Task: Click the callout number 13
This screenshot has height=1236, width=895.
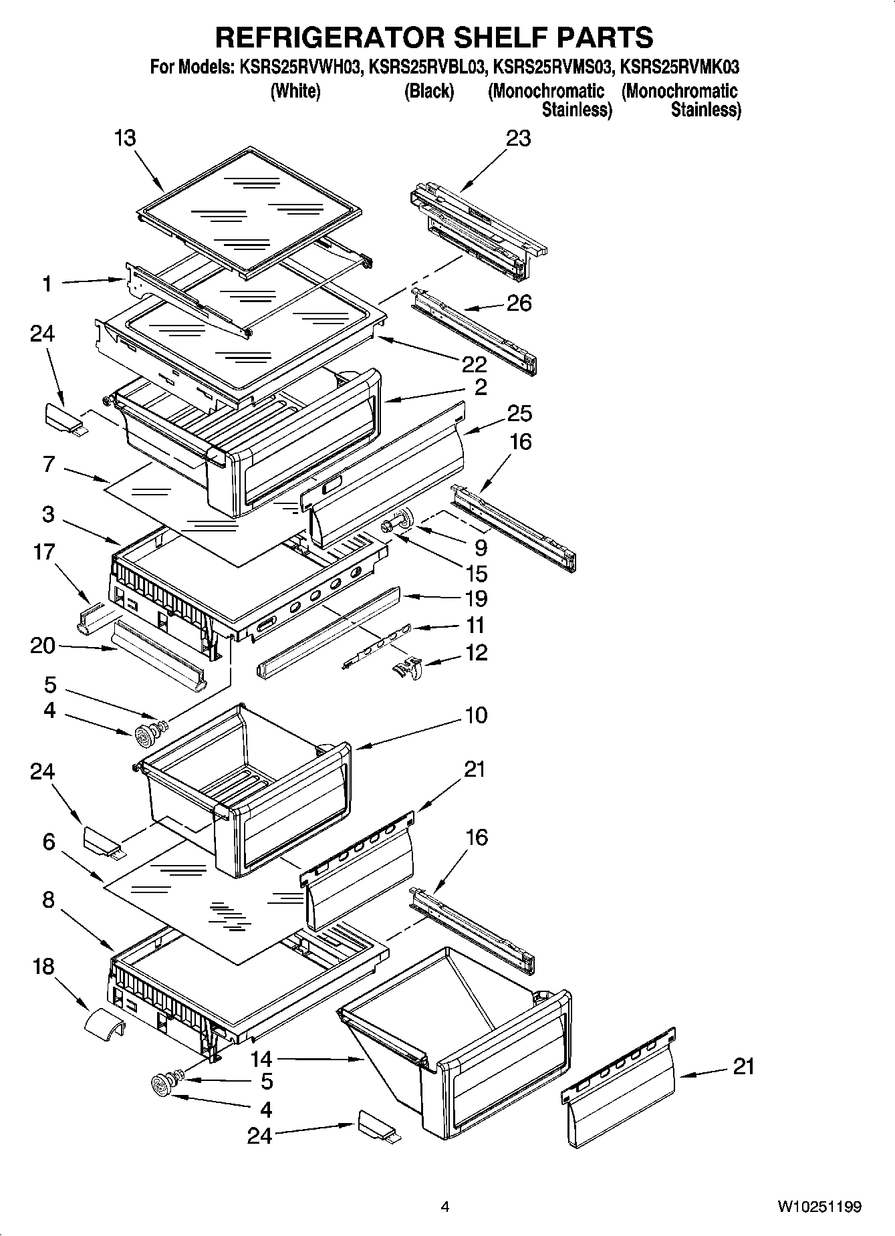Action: click(x=125, y=138)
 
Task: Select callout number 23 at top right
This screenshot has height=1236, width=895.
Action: click(x=518, y=138)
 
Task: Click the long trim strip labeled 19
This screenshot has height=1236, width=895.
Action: click(x=328, y=628)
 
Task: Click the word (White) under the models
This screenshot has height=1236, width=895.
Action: click(x=295, y=91)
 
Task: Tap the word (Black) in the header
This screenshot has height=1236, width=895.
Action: click(x=428, y=91)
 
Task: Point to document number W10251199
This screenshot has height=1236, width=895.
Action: click(x=819, y=1206)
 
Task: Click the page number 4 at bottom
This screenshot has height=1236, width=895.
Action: click(x=444, y=1206)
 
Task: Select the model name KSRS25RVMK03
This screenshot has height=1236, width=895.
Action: click(x=679, y=68)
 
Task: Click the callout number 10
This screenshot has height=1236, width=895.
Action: click(x=476, y=715)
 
